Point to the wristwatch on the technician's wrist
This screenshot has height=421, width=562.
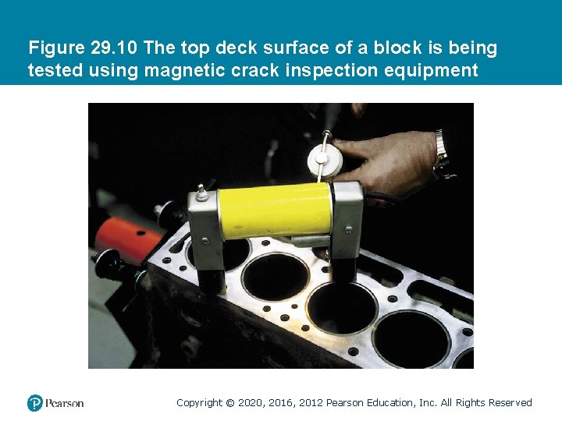pos(443,153)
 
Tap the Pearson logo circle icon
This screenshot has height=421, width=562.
pos(34,403)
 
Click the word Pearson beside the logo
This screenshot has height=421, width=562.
pos(64,403)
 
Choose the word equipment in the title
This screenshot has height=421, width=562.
pos(434,71)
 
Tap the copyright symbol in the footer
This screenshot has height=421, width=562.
pos(229,403)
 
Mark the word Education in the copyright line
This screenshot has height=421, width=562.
pos(389,403)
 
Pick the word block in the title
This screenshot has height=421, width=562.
pos(395,48)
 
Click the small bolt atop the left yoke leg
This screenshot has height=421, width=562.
pos(201,189)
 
